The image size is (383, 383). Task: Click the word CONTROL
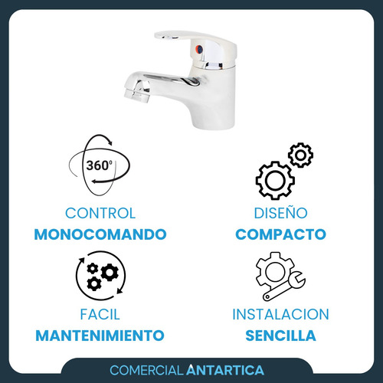[x=100, y=213]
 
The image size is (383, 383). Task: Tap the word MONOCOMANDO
[x=100, y=234]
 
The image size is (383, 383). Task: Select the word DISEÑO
[x=280, y=212]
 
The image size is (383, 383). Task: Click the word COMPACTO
[x=280, y=234]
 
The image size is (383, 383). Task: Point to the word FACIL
[x=100, y=314]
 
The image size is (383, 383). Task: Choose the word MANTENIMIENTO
[x=100, y=336]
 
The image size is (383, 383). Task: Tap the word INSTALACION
[x=280, y=314]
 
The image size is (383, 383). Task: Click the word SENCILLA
[x=280, y=336]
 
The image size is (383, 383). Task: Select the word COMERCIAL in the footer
[x=146, y=370]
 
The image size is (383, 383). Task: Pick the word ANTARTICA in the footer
[x=225, y=370]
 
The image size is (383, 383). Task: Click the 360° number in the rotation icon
[x=99, y=165]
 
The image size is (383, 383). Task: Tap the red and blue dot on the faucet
[x=199, y=48]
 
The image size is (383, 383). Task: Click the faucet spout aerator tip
[x=136, y=94]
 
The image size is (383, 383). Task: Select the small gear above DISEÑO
[x=300, y=155]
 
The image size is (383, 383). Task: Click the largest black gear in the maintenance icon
[x=110, y=273]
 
